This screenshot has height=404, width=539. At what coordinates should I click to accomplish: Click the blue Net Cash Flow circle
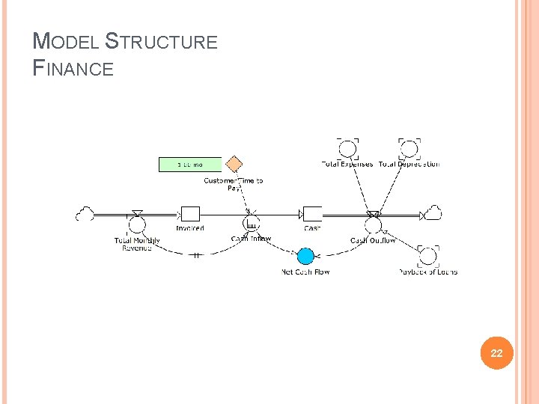[305, 257]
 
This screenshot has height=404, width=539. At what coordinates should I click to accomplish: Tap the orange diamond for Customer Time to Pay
[234, 164]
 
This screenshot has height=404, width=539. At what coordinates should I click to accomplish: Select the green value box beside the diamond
[190, 164]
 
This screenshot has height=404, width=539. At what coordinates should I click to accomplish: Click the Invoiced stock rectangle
[190, 215]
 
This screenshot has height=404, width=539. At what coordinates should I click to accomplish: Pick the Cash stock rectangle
[312, 215]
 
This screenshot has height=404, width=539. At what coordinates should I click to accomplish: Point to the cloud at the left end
[85, 215]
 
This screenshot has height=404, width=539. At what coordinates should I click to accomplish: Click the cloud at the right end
[432, 214]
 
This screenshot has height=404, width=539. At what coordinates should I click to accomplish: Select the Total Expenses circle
[347, 148]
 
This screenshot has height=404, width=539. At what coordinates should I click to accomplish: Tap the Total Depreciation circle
[409, 148]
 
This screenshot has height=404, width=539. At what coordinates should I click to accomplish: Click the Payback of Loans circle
[427, 257]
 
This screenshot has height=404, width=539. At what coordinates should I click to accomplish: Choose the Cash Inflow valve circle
[252, 224]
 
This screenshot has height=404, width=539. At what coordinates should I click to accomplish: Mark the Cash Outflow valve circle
[374, 224]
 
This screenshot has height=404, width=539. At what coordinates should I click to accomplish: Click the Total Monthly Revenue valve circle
[137, 224]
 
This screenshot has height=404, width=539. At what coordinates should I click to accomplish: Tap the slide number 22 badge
[496, 353]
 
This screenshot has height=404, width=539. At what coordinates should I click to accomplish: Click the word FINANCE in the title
[74, 69]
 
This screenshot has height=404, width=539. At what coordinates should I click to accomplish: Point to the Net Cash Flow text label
[305, 272]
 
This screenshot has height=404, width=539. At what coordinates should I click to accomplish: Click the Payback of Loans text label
[427, 272]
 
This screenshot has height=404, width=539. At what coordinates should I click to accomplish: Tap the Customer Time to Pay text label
[234, 184]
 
